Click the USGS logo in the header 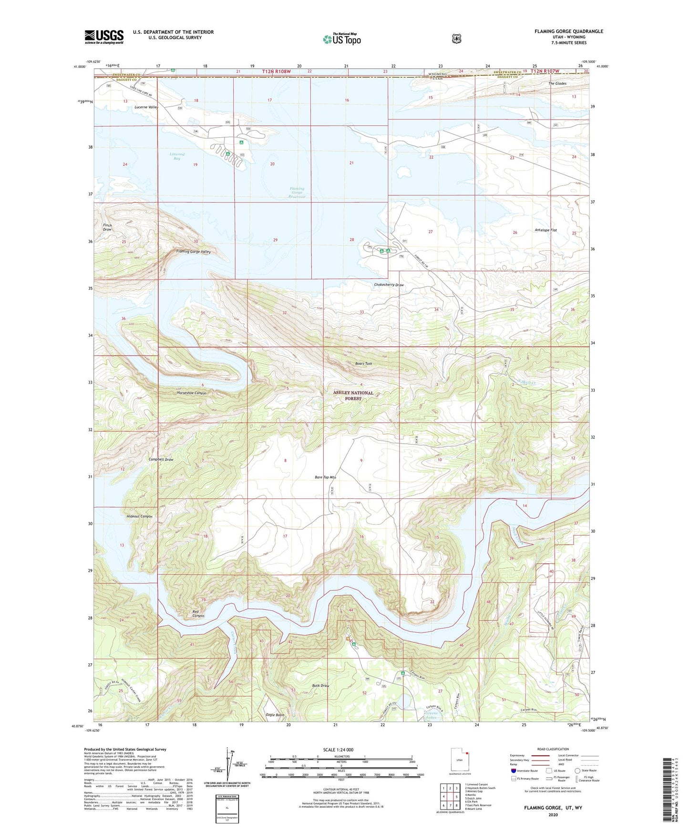point(104,37)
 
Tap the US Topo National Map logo point(341,39)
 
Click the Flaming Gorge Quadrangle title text point(568,31)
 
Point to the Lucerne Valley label point(146,107)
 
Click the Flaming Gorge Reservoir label point(297,193)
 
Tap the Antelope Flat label point(546,230)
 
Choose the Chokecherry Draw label point(389,285)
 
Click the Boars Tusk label point(363,364)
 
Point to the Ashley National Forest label point(353,396)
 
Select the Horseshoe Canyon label point(191,393)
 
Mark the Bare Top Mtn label point(326,477)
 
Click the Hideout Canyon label point(139,517)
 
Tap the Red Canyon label point(198,614)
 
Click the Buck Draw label point(320,686)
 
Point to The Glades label point(557,83)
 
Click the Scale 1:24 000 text point(338,750)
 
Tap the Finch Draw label point(107,227)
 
